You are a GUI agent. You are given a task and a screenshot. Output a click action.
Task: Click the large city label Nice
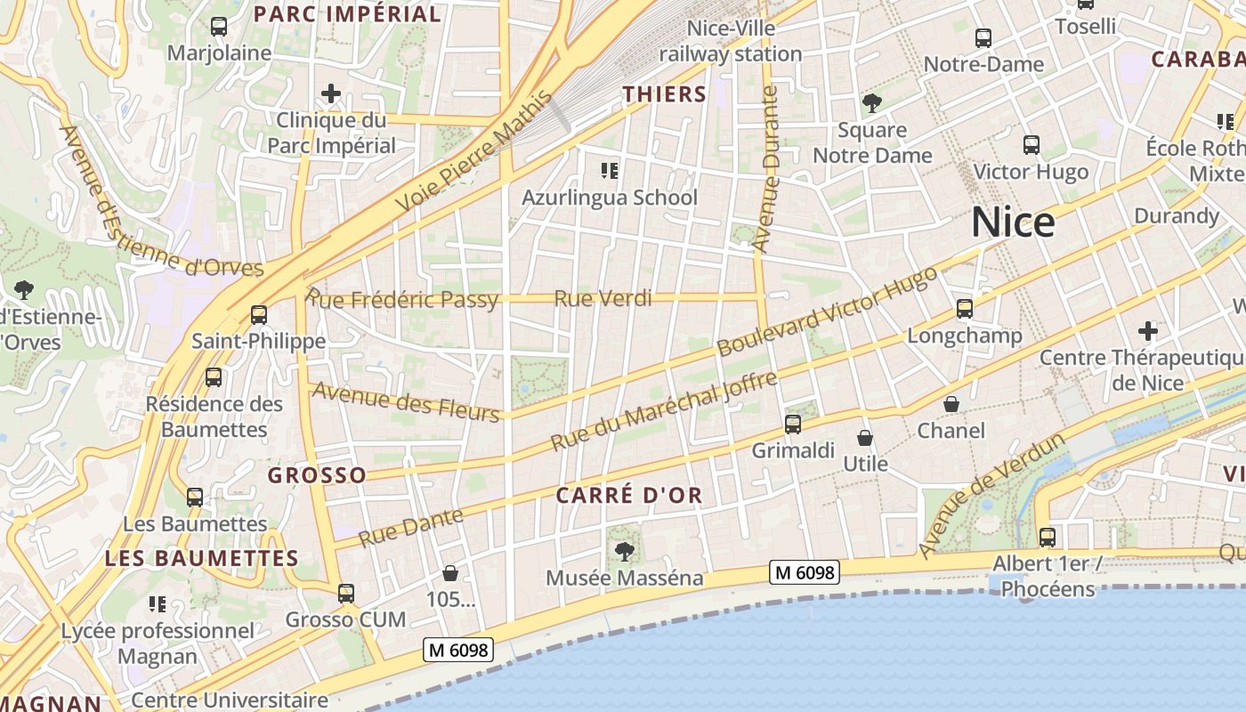coord(1013,222)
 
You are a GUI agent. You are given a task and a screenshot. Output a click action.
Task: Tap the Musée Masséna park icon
coord(625,551)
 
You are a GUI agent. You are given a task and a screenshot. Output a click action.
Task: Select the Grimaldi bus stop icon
coord(793,425)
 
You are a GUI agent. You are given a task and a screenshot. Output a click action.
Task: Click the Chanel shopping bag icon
coord(951,404)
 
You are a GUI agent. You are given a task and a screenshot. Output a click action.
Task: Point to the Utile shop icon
coord(865,438)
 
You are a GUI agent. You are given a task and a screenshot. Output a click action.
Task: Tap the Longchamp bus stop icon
coord(965,309)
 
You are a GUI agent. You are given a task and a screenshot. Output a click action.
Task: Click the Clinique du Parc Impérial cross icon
coord(331,93)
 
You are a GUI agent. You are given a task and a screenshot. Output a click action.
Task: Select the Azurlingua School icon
coord(610,170)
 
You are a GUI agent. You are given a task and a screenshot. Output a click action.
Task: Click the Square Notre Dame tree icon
coord(872,103)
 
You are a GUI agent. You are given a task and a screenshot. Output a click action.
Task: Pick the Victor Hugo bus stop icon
coord(1032,144)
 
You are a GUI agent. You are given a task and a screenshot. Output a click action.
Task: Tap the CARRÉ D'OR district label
coord(629,496)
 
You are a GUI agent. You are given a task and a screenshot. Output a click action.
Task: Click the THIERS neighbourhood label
coord(664,94)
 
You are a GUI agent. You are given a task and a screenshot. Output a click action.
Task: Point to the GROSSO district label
coord(317,475)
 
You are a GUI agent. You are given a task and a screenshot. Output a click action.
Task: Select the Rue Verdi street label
coord(603,299)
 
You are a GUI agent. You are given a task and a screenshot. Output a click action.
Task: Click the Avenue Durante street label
coord(765,168)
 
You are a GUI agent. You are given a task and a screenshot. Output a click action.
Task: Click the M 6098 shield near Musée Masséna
coord(805,572)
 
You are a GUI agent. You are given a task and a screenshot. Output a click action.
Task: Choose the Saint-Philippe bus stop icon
coord(259,315)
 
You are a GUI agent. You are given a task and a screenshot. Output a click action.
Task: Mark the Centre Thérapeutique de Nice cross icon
coord(1148,332)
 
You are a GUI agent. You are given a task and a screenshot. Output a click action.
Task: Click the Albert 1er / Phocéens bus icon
coord(1048,538)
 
